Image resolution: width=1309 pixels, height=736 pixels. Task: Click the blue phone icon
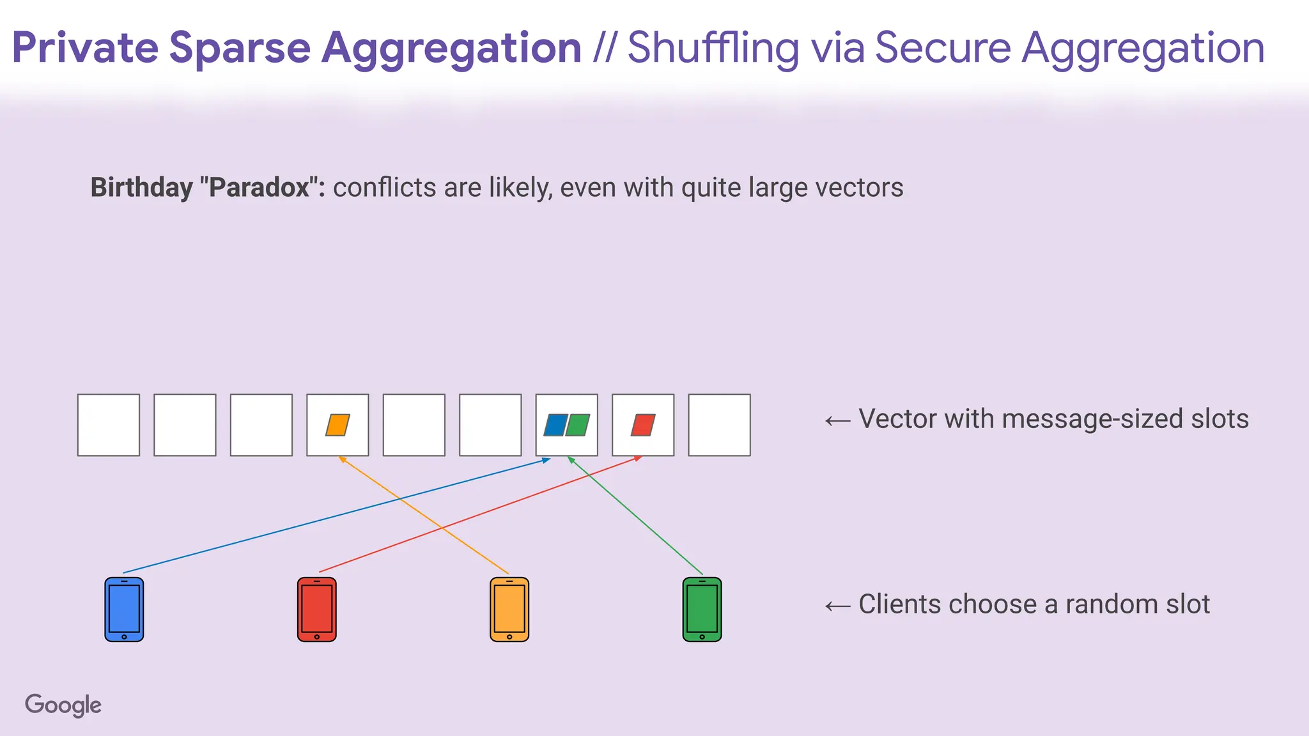coord(124,609)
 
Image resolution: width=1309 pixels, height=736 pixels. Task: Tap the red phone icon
coord(316,609)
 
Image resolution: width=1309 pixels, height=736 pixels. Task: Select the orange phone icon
coord(509,609)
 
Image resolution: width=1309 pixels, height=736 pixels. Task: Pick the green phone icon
coord(702,609)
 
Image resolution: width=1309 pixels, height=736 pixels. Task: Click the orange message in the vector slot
coord(337,425)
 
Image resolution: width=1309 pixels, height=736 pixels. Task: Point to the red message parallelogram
coord(643,425)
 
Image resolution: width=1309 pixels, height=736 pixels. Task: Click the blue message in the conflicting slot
coord(555,425)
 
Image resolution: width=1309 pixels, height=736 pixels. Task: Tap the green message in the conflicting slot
coord(578,425)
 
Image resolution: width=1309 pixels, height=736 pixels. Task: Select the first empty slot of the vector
coord(109,425)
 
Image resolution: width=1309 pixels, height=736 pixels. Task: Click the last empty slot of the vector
coord(719,425)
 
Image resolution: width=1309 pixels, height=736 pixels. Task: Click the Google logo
coord(63,705)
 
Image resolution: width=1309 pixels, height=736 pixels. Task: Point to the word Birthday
coord(141,188)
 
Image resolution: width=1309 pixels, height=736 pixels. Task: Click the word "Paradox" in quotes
coord(259,188)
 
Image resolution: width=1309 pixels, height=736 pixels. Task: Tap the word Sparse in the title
coord(240,48)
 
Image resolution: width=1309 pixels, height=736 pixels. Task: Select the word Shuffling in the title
coord(713,48)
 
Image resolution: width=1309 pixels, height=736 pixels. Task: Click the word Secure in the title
coord(942,48)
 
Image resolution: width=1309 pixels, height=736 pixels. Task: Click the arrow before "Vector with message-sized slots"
coord(837,420)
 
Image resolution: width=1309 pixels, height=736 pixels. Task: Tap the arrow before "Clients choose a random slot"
coord(837,606)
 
